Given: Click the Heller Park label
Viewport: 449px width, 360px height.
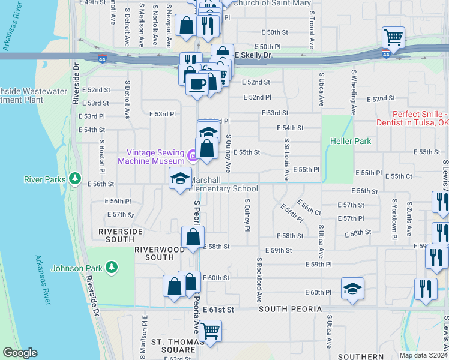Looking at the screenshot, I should click(x=350, y=142).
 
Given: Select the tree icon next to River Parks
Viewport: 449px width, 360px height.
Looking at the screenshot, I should click(x=74, y=178).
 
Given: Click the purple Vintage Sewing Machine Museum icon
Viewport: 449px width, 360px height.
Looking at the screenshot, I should click(x=192, y=157).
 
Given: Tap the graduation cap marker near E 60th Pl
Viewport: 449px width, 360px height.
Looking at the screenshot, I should click(x=352, y=289).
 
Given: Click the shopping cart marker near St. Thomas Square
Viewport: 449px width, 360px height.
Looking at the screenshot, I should click(x=210, y=330).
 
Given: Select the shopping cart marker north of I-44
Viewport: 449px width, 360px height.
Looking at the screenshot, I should click(x=393, y=38).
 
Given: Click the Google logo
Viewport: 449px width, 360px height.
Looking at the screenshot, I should click(x=20, y=353).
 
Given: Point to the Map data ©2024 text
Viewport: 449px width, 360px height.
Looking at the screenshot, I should click(x=423, y=355).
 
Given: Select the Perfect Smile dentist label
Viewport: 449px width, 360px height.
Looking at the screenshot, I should click(x=420, y=118).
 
